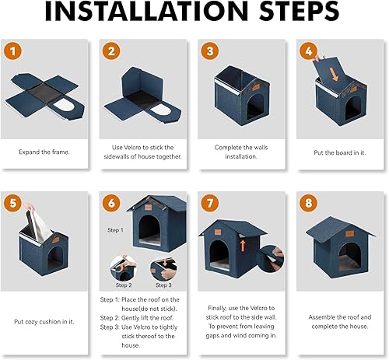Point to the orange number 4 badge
point(309,52)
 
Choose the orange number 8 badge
point(309,204)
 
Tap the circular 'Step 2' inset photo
point(122,269)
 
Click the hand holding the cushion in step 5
point(27,210)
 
